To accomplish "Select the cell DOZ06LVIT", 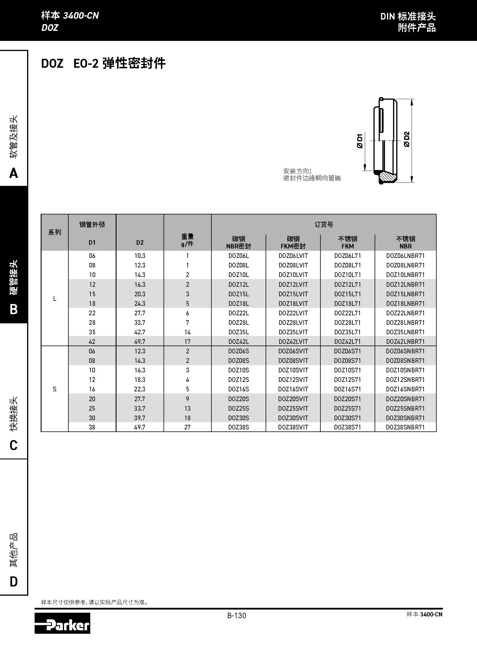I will coord(293,256).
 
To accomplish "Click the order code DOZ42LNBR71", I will coord(405,342).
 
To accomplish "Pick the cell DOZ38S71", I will coord(347,427).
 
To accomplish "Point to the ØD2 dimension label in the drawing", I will coord(407,139).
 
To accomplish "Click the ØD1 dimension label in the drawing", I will coord(360,141).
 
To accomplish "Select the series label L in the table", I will coord(55,299).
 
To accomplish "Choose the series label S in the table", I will coord(55,389).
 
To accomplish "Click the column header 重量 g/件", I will coord(187,240).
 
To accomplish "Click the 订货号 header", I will coord(324,225).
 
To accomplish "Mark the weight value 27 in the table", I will coord(187,427).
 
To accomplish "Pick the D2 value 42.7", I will coord(140,332).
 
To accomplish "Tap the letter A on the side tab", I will coord(14,173).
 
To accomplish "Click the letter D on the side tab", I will coord(14,582).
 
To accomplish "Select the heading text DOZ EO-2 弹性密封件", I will coord(103,63).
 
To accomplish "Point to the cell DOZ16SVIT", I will coord(293,389).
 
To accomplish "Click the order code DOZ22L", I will coord(238,313).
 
